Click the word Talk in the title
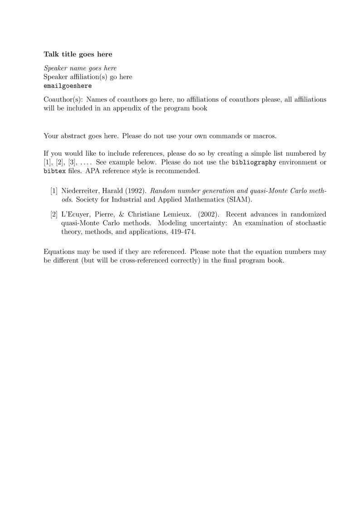pos(51,54)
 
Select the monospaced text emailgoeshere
pos(68,86)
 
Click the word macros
pos(264,136)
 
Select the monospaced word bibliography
pos(253,162)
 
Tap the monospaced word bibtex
pos(54,171)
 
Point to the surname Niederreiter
pos(81,191)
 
